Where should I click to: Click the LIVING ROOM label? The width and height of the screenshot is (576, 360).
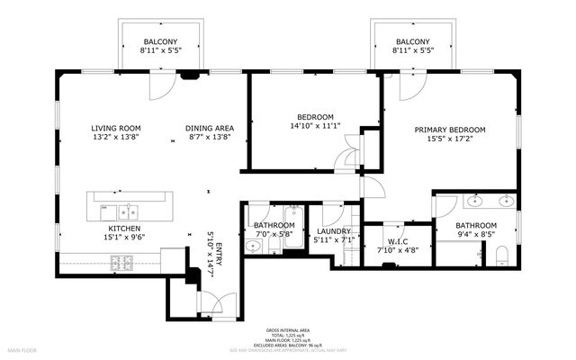(x=115, y=128)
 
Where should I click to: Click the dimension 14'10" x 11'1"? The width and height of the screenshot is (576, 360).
(x=315, y=126)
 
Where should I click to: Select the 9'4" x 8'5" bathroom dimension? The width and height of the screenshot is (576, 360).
(x=475, y=235)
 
